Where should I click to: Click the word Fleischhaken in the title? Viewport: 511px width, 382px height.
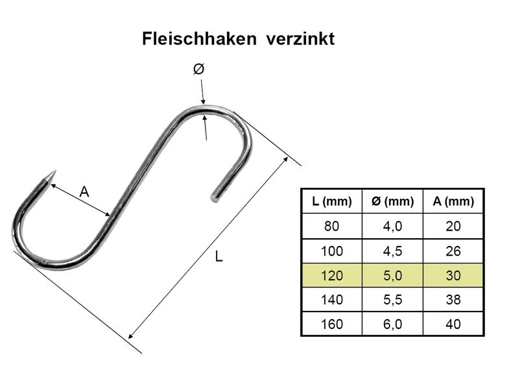click(x=199, y=39)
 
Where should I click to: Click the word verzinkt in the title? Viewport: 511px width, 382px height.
click(x=300, y=39)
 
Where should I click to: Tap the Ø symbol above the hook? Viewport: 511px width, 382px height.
click(x=198, y=69)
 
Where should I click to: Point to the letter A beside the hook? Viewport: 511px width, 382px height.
click(x=84, y=192)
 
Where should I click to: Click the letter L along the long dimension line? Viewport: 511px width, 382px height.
click(x=219, y=257)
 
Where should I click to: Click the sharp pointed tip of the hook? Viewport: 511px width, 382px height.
click(x=55, y=172)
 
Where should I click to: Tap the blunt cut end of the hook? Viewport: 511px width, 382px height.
click(x=215, y=198)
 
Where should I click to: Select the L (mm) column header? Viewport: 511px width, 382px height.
click(x=332, y=201)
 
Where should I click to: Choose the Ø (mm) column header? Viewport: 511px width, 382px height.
click(x=392, y=201)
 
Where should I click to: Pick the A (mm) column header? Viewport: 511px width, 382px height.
click(x=453, y=201)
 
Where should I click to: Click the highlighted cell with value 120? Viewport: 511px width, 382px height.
click(x=332, y=276)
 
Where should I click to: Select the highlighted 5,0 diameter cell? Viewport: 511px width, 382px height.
click(x=392, y=276)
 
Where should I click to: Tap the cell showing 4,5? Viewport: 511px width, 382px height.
click(x=392, y=251)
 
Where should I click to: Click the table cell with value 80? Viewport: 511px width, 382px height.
click(x=332, y=226)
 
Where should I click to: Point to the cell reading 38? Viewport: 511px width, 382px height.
click(x=453, y=300)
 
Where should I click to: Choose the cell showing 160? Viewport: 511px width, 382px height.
click(x=332, y=324)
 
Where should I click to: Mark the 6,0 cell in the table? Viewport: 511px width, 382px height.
click(x=392, y=324)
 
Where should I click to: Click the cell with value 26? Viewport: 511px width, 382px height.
click(x=453, y=251)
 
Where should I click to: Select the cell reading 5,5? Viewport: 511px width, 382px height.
click(x=392, y=300)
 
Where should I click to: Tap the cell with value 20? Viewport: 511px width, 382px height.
click(x=453, y=226)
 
